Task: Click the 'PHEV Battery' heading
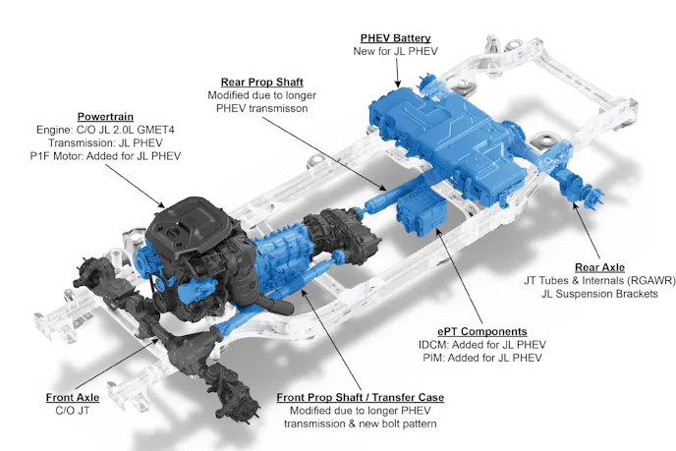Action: pyautogui.click(x=395, y=38)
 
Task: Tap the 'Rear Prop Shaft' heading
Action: pyautogui.click(x=262, y=82)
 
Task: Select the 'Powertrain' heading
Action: pyautogui.click(x=105, y=116)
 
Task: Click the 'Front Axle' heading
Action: pyautogui.click(x=73, y=397)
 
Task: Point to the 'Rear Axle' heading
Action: pyautogui.click(x=599, y=267)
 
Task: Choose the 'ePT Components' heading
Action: pyautogui.click(x=482, y=331)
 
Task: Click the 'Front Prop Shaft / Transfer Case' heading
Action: pyautogui.click(x=360, y=397)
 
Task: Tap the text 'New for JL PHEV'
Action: pyautogui.click(x=395, y=51)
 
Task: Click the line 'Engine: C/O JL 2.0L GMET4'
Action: pyautogui.click(x=105, y=130)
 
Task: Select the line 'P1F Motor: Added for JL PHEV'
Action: pyautogui.click(x=105, y=156)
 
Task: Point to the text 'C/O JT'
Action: pyautogui.click(x=73, y=411)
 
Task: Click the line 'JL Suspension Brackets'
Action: pyautogui.click(x=599, y=294)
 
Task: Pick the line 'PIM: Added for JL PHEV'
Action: pyautogui.click(x=482, y=358)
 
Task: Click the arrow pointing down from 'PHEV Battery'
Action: pyautogui.click(x=398, y=74)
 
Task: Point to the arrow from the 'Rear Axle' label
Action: pyautogui.click(x=586, y=230)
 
